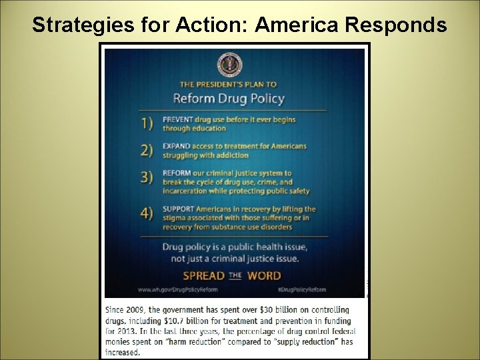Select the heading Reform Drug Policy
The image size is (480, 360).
229,99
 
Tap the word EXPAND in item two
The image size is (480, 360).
175,146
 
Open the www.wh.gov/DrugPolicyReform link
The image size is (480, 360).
180,290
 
